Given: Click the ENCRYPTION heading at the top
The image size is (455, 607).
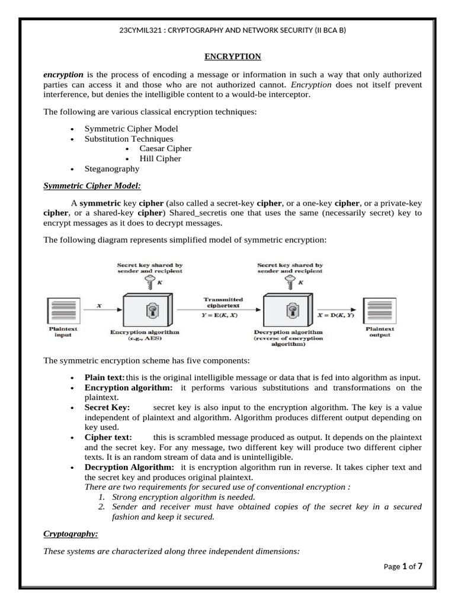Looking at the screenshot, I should pos(232,57).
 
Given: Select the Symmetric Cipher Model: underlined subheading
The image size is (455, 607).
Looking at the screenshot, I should pos(92,186).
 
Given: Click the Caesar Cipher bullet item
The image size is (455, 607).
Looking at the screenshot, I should pos(165,148).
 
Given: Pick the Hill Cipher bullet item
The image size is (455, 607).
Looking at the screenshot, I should pos(160,158).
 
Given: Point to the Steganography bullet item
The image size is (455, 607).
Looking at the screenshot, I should pos(112,168).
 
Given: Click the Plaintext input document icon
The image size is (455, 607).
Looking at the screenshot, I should pos(63,309).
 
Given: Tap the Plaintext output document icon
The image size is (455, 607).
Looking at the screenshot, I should pos(379,309).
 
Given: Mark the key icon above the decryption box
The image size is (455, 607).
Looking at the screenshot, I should pos(291,282).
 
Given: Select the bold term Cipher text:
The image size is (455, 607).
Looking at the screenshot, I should pos(106,437).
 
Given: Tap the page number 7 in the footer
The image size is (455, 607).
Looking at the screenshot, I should pos(419,566).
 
